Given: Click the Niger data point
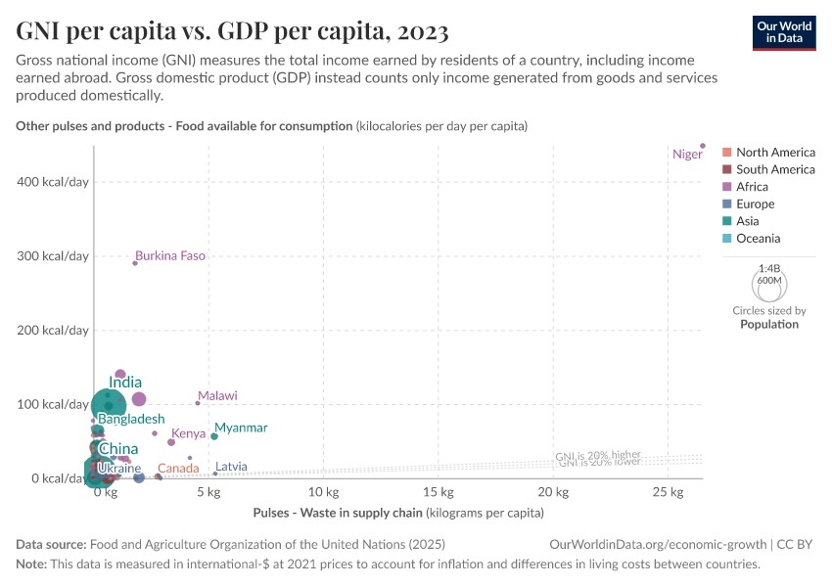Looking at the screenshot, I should coord(703,146).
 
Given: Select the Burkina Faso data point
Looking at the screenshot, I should coord(135,263).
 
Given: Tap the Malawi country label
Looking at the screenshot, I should coord(217,396).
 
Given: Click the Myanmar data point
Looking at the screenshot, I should coord(214,436).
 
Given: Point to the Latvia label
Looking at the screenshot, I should coord(231,467).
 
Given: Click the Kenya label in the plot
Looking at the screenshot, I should coord(188,433).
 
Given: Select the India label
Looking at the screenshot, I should coord(125,383).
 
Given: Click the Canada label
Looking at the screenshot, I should coord(178,469).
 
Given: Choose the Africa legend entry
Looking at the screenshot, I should coord(752,187).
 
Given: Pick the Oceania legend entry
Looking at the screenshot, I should coord(758,239).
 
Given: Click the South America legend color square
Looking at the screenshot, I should coord(726,170).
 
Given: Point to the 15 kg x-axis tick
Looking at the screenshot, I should coord(438,492).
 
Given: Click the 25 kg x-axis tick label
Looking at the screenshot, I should coord(667,492).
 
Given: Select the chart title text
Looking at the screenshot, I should coord(233,32).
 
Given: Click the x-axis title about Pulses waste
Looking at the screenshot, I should coord(397,513).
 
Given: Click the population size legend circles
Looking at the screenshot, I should coord(769,285).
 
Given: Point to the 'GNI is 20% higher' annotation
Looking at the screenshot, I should coord(598,456).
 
